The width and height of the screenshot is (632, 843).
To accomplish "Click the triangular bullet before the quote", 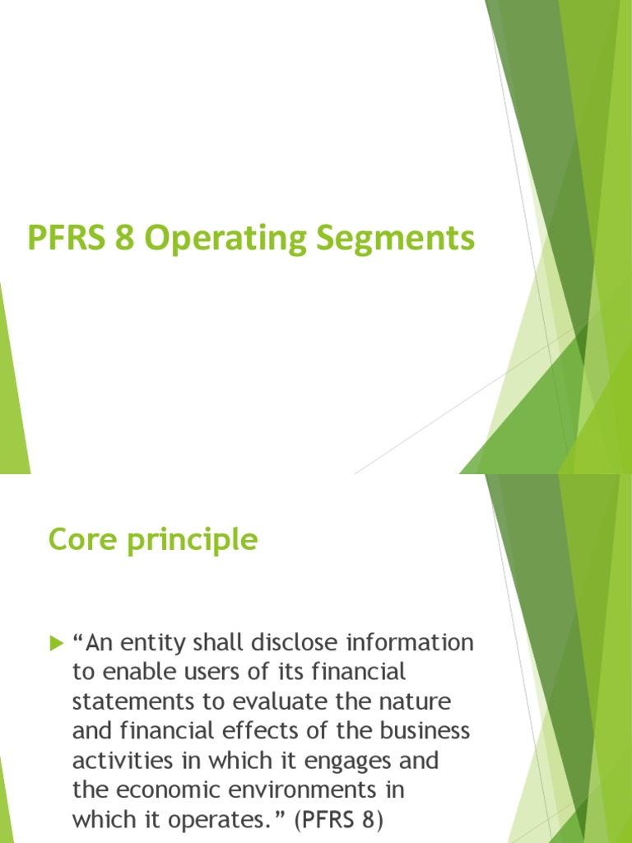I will pyautogui.click(x=56, y=643).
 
